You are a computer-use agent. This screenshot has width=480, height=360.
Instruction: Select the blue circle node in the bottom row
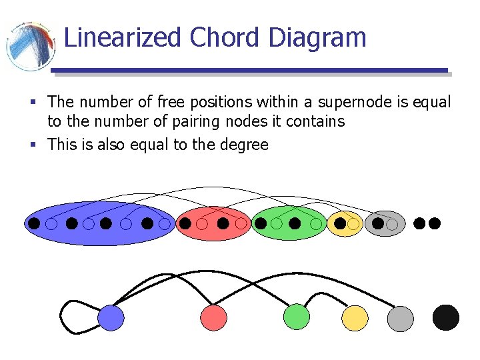111,317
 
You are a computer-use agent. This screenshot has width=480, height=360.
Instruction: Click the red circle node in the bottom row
213,317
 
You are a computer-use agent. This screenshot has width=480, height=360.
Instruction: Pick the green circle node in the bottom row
297,317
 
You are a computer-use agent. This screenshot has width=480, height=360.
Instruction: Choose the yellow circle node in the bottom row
355,317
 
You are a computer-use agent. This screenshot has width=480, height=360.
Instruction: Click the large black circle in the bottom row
446,317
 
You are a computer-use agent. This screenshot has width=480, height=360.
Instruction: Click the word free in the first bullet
171,102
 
